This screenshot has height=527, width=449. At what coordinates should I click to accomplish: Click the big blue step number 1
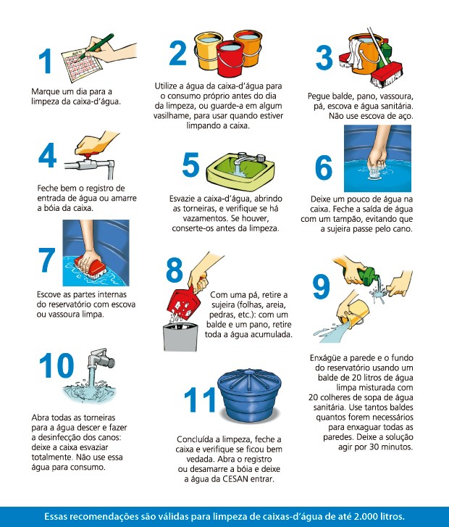tap(45, 60)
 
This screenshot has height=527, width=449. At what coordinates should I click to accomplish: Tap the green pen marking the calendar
tap(96, 46)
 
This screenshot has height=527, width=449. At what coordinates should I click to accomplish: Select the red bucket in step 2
tap(230, 58)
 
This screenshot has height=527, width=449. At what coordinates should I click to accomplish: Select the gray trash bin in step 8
tap(180, 337)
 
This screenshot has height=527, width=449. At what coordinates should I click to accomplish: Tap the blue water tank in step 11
tap(250, 397)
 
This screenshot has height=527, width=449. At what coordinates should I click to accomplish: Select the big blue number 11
tap(200, 399)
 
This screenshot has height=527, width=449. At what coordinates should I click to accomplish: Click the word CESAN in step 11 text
tap(235, 479)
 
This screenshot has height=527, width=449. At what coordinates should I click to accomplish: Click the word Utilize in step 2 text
tap(167, 86)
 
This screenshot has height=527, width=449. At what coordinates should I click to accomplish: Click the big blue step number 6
tap(324, 167)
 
